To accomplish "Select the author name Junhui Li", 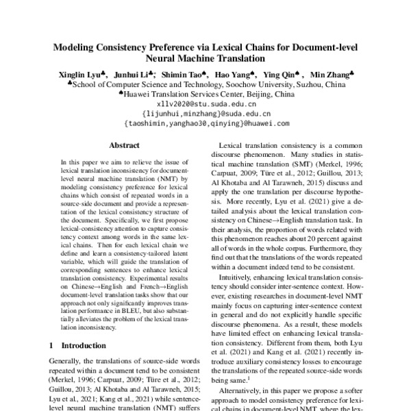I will pos(132,74).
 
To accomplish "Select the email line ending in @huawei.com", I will pos(206,124).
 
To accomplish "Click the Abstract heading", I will pos(124,145).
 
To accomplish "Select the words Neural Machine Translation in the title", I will pos(206,60).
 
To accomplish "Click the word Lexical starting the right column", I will pos(231,146).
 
